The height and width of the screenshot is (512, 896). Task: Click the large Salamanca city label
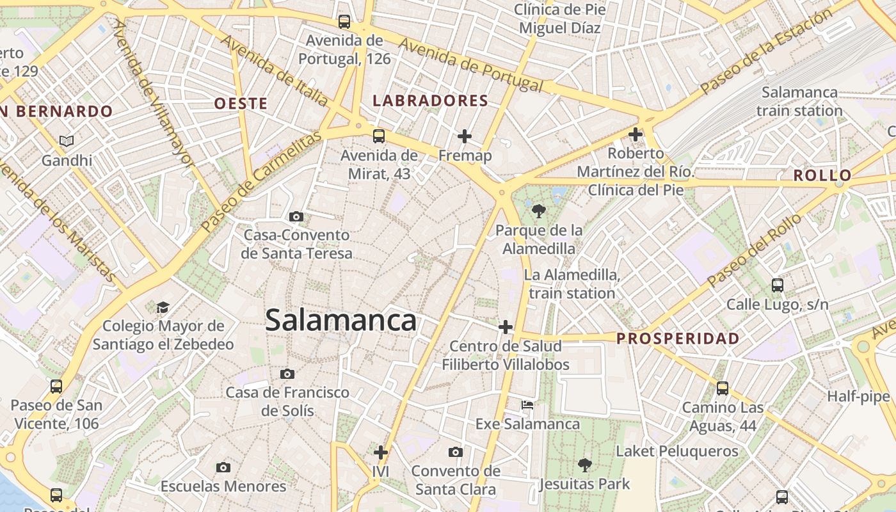tap(340, 320)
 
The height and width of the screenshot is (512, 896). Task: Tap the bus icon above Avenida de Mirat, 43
tap(379, 136)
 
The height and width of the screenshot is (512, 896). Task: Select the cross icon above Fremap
tap(465, 136)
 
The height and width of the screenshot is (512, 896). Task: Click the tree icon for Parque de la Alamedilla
tap(538, 211)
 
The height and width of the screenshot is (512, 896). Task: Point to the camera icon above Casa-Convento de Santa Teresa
tap(296, 216)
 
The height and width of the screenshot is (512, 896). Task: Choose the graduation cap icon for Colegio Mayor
tap(163, 307)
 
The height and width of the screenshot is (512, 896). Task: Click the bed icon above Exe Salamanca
tap(527, 404)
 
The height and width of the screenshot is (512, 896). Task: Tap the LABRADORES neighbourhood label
tap(430, 101)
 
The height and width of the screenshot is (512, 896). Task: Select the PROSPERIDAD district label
tap(678, 339)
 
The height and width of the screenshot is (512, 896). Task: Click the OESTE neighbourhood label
tap(241, 104)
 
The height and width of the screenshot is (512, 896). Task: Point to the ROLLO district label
tap(822, 175)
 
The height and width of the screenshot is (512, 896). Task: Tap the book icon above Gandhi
tap(67, 141)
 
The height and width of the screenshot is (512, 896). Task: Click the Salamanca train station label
tap(799, 101)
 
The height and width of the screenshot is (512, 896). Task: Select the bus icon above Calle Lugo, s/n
tap(777, 285)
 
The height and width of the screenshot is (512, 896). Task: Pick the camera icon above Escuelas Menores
tap(223, 467)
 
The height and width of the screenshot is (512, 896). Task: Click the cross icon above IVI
tap(381, 452)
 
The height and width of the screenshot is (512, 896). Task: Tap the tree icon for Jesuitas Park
tap(584, 465)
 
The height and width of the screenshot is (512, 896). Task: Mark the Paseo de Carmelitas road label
tap(260, 182)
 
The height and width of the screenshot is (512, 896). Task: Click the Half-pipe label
tap(858, 397)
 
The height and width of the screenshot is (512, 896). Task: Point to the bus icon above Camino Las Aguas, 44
tap(723, 388)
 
